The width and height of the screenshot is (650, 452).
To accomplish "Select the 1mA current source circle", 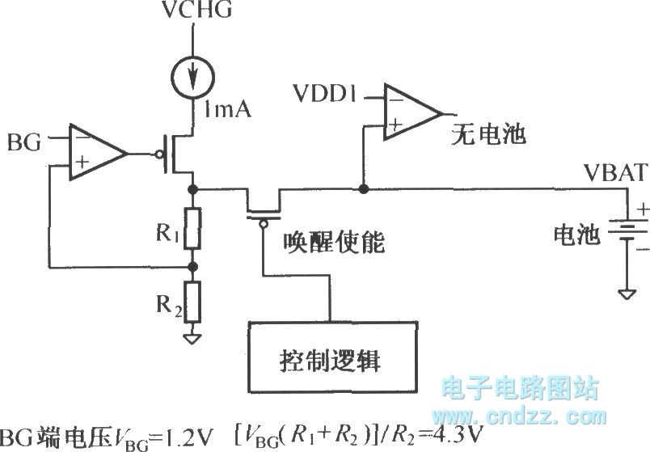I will [192, 78].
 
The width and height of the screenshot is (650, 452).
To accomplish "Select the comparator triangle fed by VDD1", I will [409, 112].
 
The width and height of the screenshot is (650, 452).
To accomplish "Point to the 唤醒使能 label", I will [334, 242].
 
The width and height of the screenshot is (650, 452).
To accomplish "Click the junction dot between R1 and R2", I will [192, 265].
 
